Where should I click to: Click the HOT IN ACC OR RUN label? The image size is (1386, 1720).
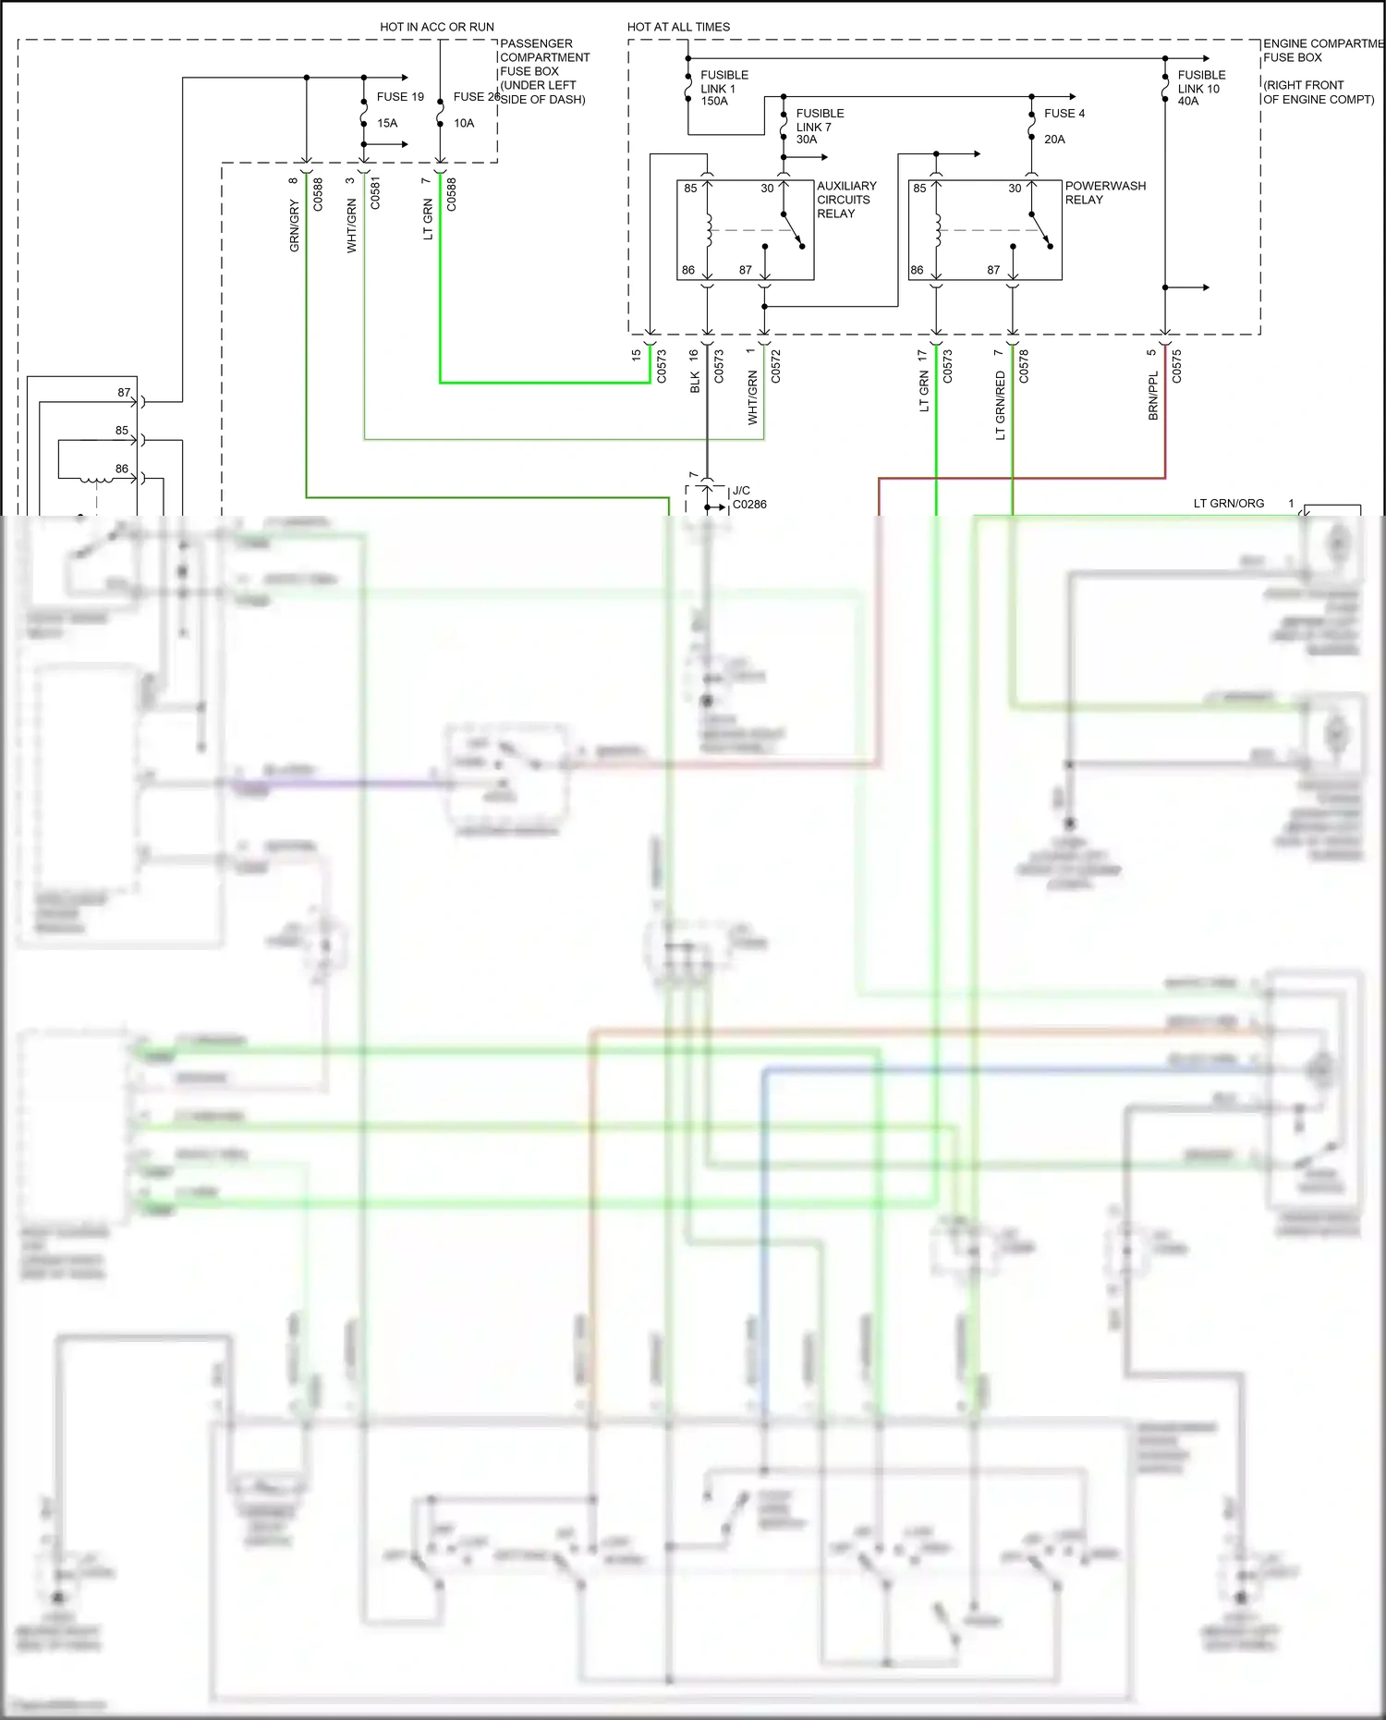436,27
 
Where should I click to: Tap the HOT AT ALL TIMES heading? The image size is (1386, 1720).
678,27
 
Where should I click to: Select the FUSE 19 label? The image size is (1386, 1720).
400,97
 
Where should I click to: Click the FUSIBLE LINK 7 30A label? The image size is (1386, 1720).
820,127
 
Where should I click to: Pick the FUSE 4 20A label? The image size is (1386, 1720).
1064,126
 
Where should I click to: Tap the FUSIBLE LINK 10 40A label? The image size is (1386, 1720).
1201,88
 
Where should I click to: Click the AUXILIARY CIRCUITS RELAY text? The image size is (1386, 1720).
845,200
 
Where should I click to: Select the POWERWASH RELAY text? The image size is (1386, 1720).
1104,192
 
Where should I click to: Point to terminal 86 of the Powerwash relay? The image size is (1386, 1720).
917,270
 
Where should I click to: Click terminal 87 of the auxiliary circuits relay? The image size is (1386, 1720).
746,270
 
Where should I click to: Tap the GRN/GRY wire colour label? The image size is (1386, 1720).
295,226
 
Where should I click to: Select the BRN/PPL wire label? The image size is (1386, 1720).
1152,396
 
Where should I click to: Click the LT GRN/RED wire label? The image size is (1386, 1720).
1000,405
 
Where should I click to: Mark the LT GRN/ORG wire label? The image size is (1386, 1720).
1228,504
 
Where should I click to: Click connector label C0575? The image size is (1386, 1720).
1176,366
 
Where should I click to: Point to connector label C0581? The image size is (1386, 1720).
375,194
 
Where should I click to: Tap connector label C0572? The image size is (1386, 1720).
775,366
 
